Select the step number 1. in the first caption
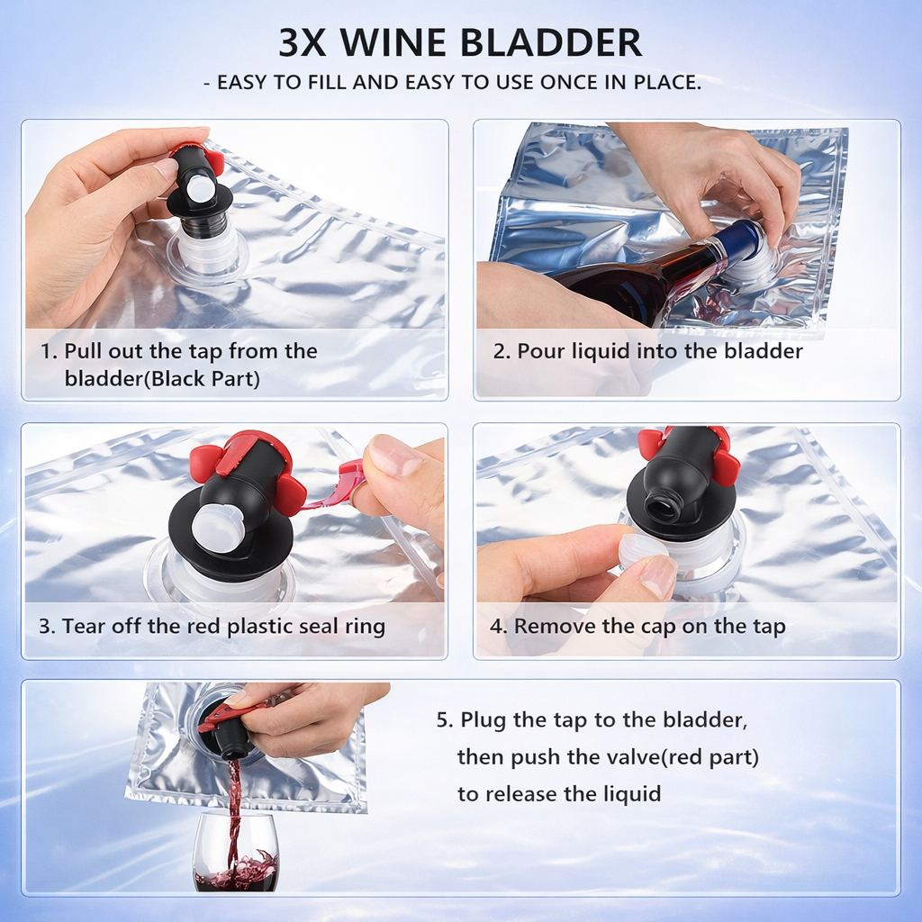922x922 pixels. pos(49,351)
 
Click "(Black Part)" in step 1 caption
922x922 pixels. pos(204,379)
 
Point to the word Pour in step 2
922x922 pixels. pos(538,351)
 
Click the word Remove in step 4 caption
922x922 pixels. pos(550,626)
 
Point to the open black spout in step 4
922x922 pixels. pos(664,507)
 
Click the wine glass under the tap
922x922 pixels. pos(236,855)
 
